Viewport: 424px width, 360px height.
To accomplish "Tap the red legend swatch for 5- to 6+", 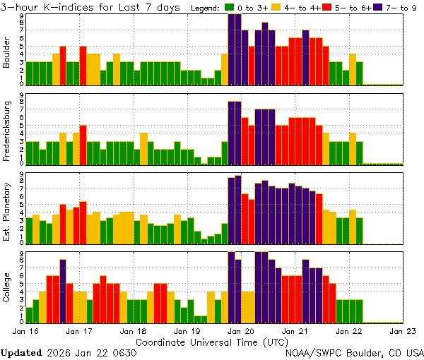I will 326,7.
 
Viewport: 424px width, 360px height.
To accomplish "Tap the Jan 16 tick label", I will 25,330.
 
